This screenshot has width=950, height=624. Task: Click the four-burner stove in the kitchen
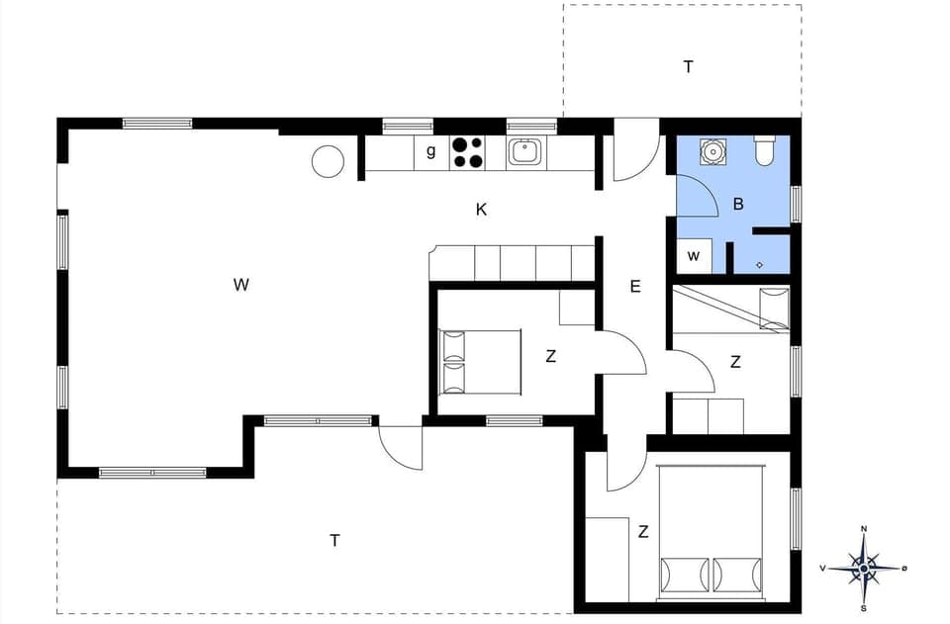(x=468, y=152)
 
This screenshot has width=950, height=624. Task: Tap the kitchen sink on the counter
(x=524, y=152)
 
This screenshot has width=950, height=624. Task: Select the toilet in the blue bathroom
(x=765, y=151)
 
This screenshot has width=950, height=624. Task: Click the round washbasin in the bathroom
(x=712, y=151)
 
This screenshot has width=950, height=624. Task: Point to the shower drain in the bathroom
(x=759, y=264)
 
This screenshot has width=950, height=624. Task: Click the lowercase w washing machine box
(x=694, y=256)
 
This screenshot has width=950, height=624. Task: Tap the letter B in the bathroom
(x=737, y=205)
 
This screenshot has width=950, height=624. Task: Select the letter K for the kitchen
(x=481, y=210)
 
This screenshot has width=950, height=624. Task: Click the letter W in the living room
(x=240, y=285)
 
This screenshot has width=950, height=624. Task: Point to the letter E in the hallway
(x=635, y=287)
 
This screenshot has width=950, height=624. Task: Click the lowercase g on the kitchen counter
(x=430, y=151)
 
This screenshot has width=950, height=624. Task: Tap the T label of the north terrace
(x=688, y=67)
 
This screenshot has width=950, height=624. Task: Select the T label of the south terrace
(x=334, y=540)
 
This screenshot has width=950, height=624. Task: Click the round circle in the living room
(x=328, y=161)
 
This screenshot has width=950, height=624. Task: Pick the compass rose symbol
(x=864, y=569)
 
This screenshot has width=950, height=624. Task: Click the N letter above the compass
(x=864, y=529)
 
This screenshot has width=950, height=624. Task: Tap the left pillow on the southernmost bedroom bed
(x=683, y=576)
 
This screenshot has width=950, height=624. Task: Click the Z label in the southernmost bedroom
(x=643, y=532)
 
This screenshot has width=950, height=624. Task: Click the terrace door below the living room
(x=401, y=450)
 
